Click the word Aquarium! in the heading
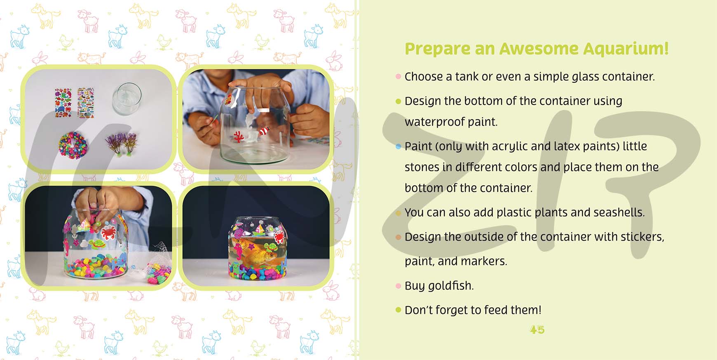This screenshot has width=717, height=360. [x=626, y=49]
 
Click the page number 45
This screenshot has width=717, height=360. [x=537, y=330]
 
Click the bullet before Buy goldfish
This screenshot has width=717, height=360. [x=398, y=286]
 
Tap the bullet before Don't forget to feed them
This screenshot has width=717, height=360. [x=398, y=310]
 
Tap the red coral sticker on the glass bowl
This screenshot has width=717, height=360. [x=238, y=136]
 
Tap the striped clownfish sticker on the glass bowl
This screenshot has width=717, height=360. [x=264, y=131]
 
